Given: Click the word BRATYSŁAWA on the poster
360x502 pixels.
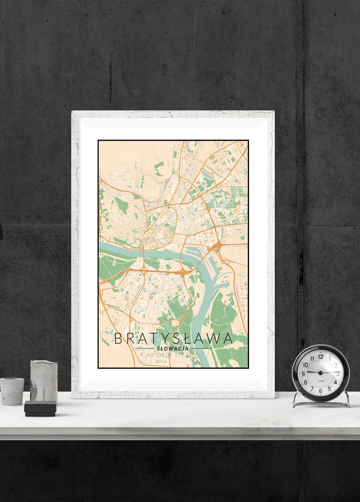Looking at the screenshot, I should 173,338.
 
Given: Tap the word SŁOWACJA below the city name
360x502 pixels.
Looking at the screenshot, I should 173,348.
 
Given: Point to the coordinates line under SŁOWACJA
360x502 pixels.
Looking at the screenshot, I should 173,355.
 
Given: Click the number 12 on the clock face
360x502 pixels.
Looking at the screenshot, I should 320,356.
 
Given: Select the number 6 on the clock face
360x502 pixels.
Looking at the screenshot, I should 320,391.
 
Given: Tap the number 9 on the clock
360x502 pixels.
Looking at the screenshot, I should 303,373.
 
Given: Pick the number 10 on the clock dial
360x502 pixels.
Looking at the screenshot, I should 305,364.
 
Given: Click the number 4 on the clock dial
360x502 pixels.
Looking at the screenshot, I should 335,383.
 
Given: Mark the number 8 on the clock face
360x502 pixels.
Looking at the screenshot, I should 305,383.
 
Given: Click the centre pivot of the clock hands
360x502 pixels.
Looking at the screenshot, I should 320,373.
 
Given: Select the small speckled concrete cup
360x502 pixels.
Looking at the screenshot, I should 11,391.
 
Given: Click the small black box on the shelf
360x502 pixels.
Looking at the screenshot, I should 40,409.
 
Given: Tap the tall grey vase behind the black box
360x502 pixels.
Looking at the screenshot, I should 43,381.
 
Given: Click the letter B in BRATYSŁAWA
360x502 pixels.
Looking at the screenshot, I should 118,338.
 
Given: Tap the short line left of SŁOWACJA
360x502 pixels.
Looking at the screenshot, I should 145,348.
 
